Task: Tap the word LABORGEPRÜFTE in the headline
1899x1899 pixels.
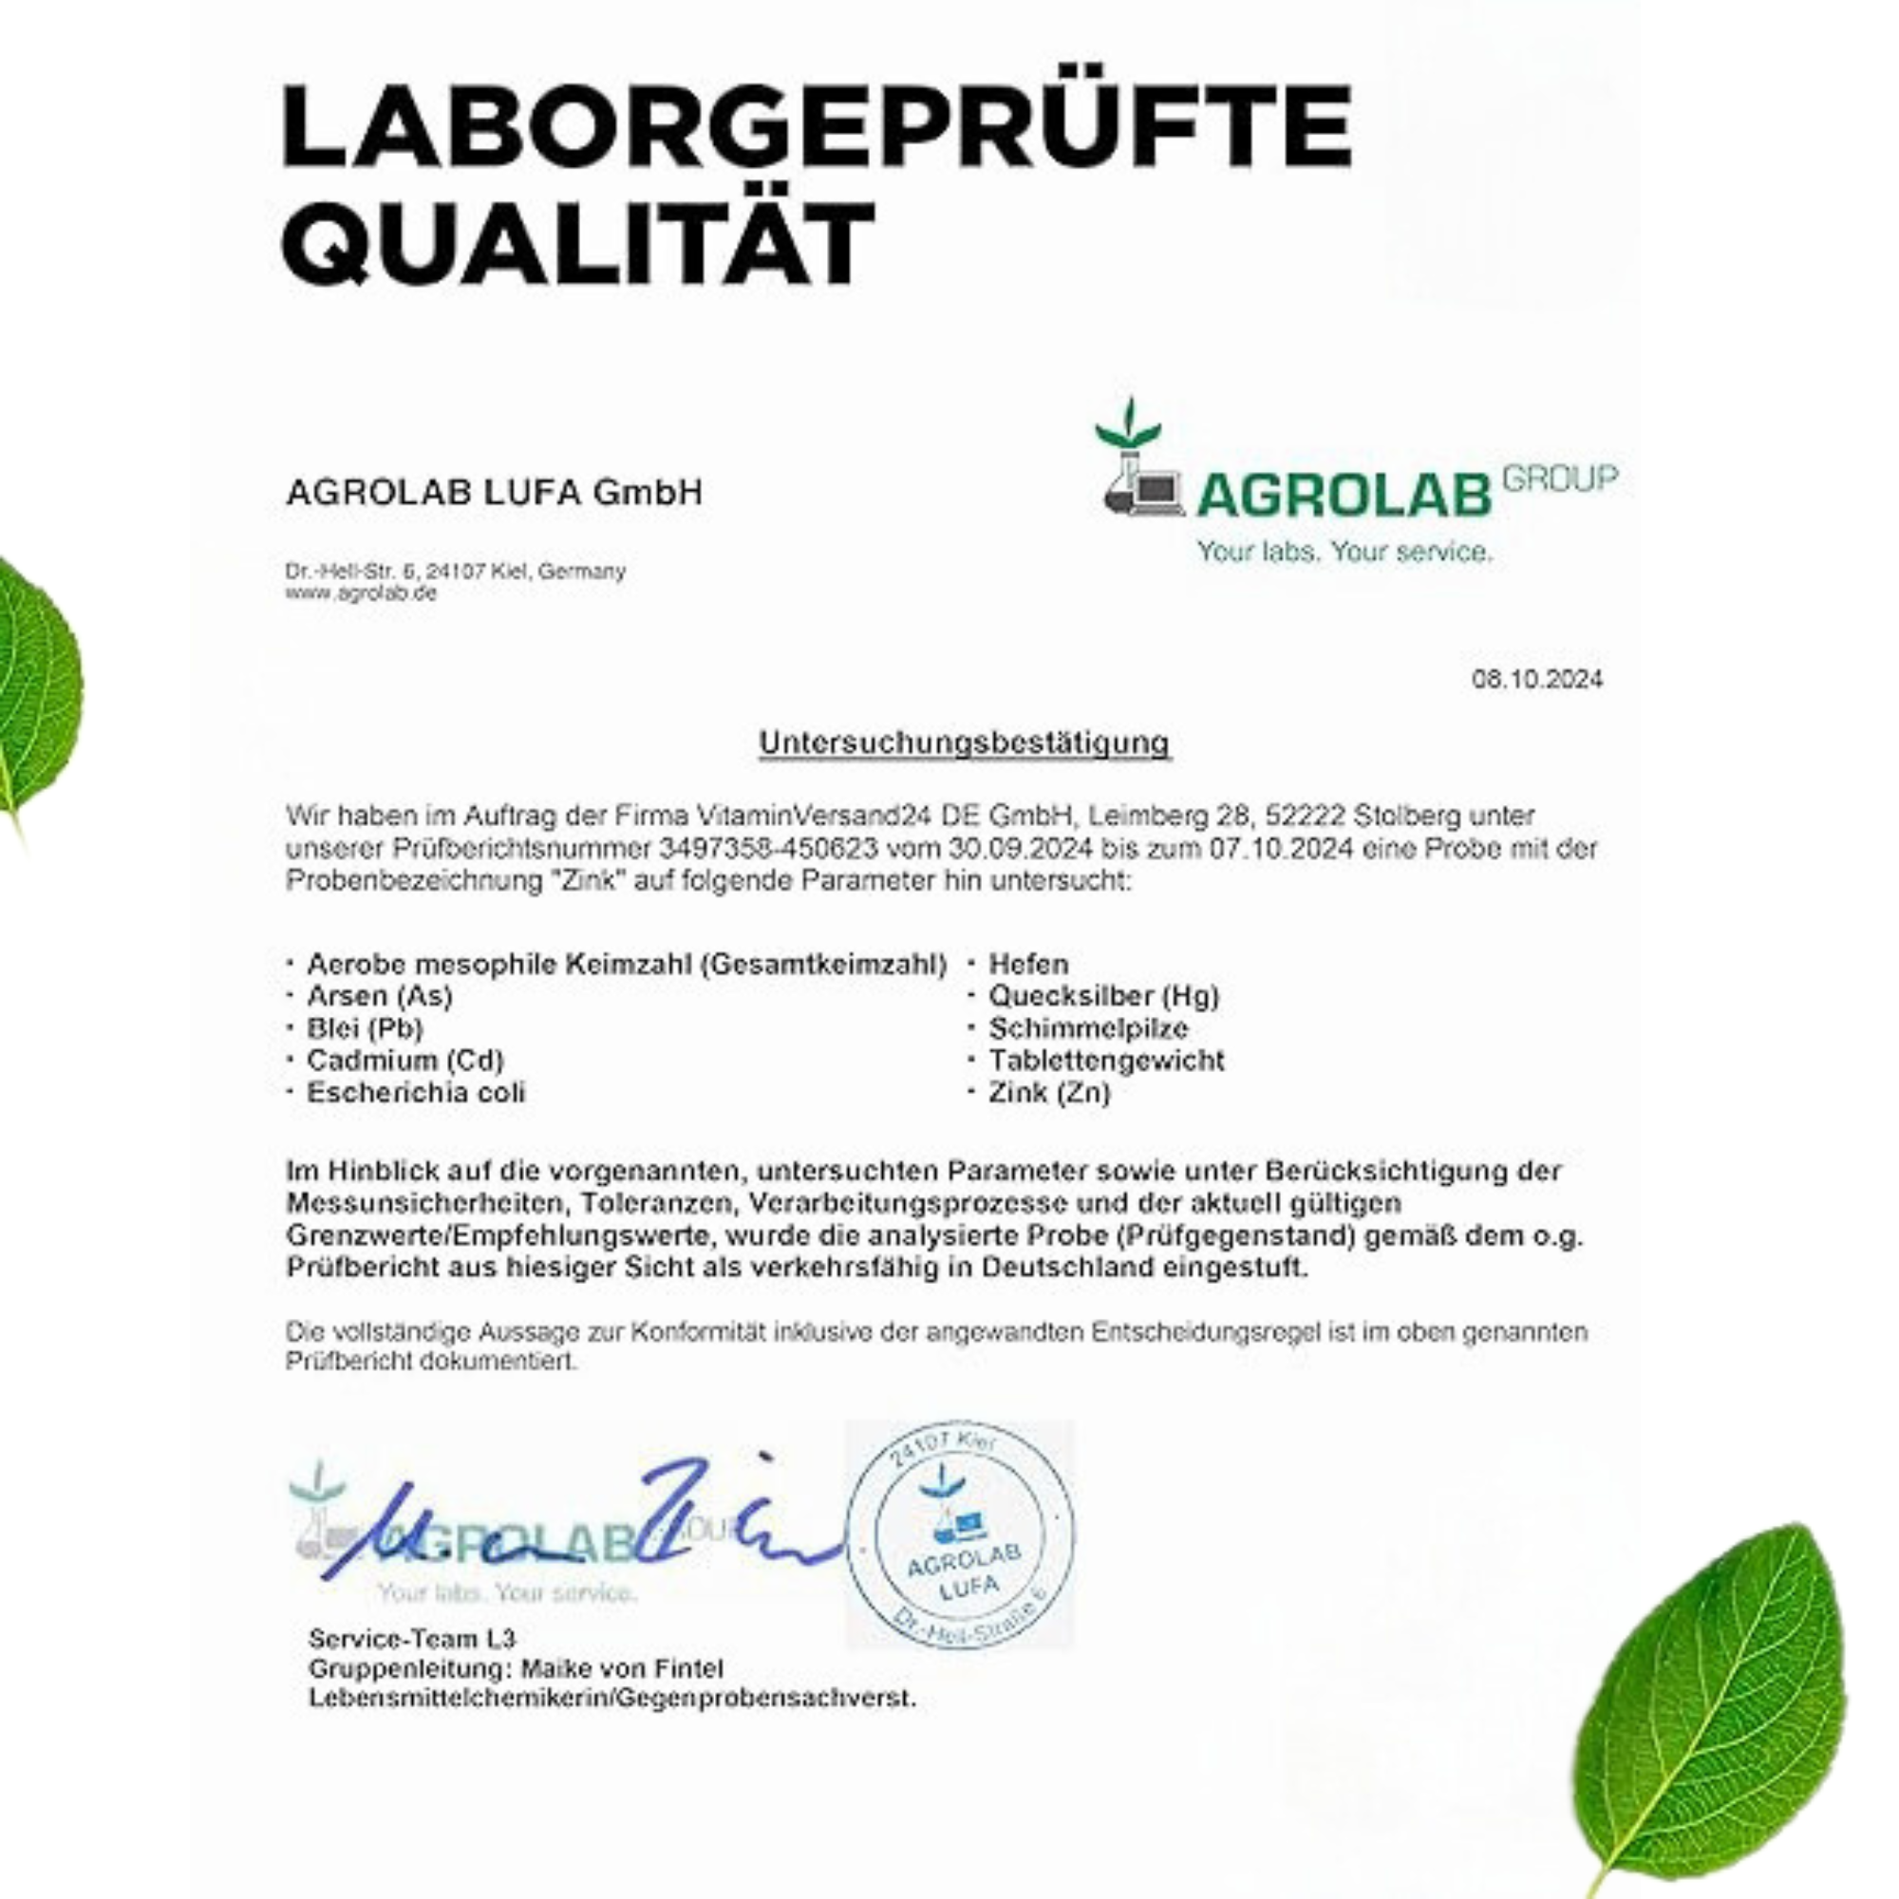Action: tap(816, 126)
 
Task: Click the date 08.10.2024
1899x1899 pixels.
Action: tap(1536, 679)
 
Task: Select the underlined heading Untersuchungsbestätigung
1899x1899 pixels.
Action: tap(963, 743)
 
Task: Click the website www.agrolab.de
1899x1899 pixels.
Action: tap(361, 593)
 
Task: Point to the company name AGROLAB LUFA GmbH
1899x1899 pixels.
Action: tap(494, 492)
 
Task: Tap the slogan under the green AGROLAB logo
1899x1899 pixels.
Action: tap(1344, 552)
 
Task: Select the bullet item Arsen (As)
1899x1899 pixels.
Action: tap(380, 997)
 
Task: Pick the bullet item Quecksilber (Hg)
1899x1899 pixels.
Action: tap(1102, 997)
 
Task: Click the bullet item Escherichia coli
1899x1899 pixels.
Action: tap(416, 1093)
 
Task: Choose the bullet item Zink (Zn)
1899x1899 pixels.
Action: tap(1049, 1093)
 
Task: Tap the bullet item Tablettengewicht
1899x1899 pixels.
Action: tap(1106, 1061)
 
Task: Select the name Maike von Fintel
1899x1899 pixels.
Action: tap(621, 1669)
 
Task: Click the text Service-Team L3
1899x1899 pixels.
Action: tap(411, 1639)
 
